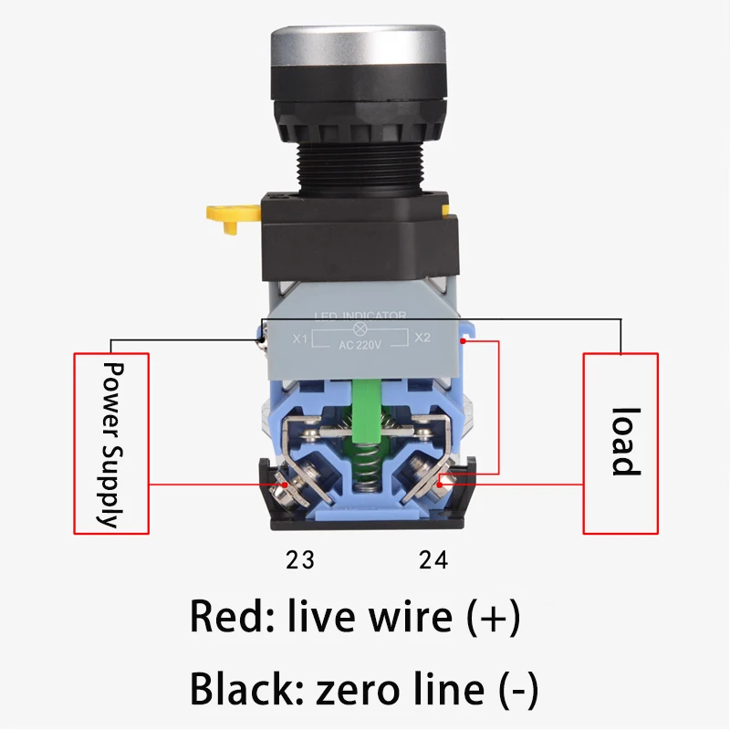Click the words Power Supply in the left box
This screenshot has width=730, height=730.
point(110,444)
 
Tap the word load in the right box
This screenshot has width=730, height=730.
point(622,442)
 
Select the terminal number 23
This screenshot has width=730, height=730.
point(299,559)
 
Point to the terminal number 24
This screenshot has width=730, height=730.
point(433,559)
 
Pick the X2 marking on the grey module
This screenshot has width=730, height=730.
point(422,339)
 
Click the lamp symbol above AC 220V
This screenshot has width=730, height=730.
point(360,328)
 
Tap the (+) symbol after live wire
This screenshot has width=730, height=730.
point(493,618)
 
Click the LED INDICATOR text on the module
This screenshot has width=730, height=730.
point(360,316)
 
